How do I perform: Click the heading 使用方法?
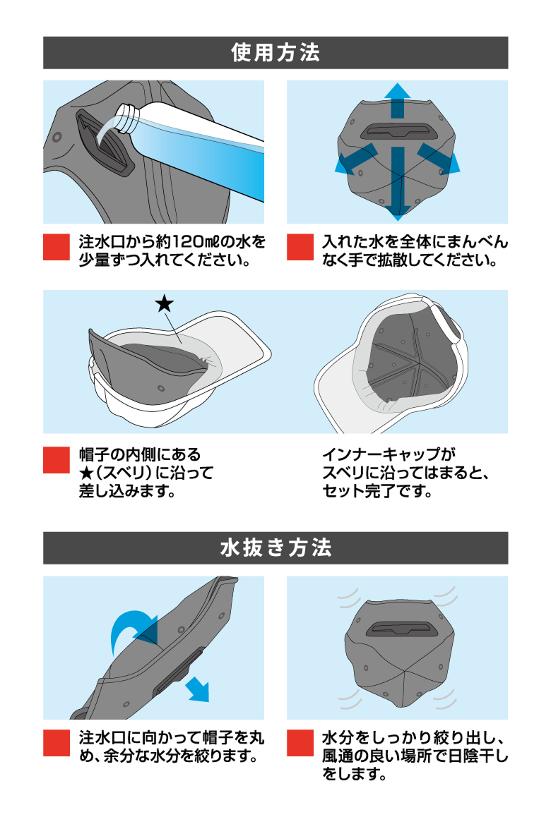tap(275, 53)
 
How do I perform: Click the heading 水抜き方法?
tap(275, 548)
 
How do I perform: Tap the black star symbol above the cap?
tap(164, 304)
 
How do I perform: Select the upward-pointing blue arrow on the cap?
tap(398, 99)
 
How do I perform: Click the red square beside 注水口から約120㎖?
tap(57, 247)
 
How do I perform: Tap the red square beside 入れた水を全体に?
tap(300, 247)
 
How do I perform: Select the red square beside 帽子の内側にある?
tap(57, 460)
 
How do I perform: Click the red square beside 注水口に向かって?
tap(57, 742)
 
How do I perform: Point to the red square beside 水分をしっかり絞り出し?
tap(300, 742)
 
